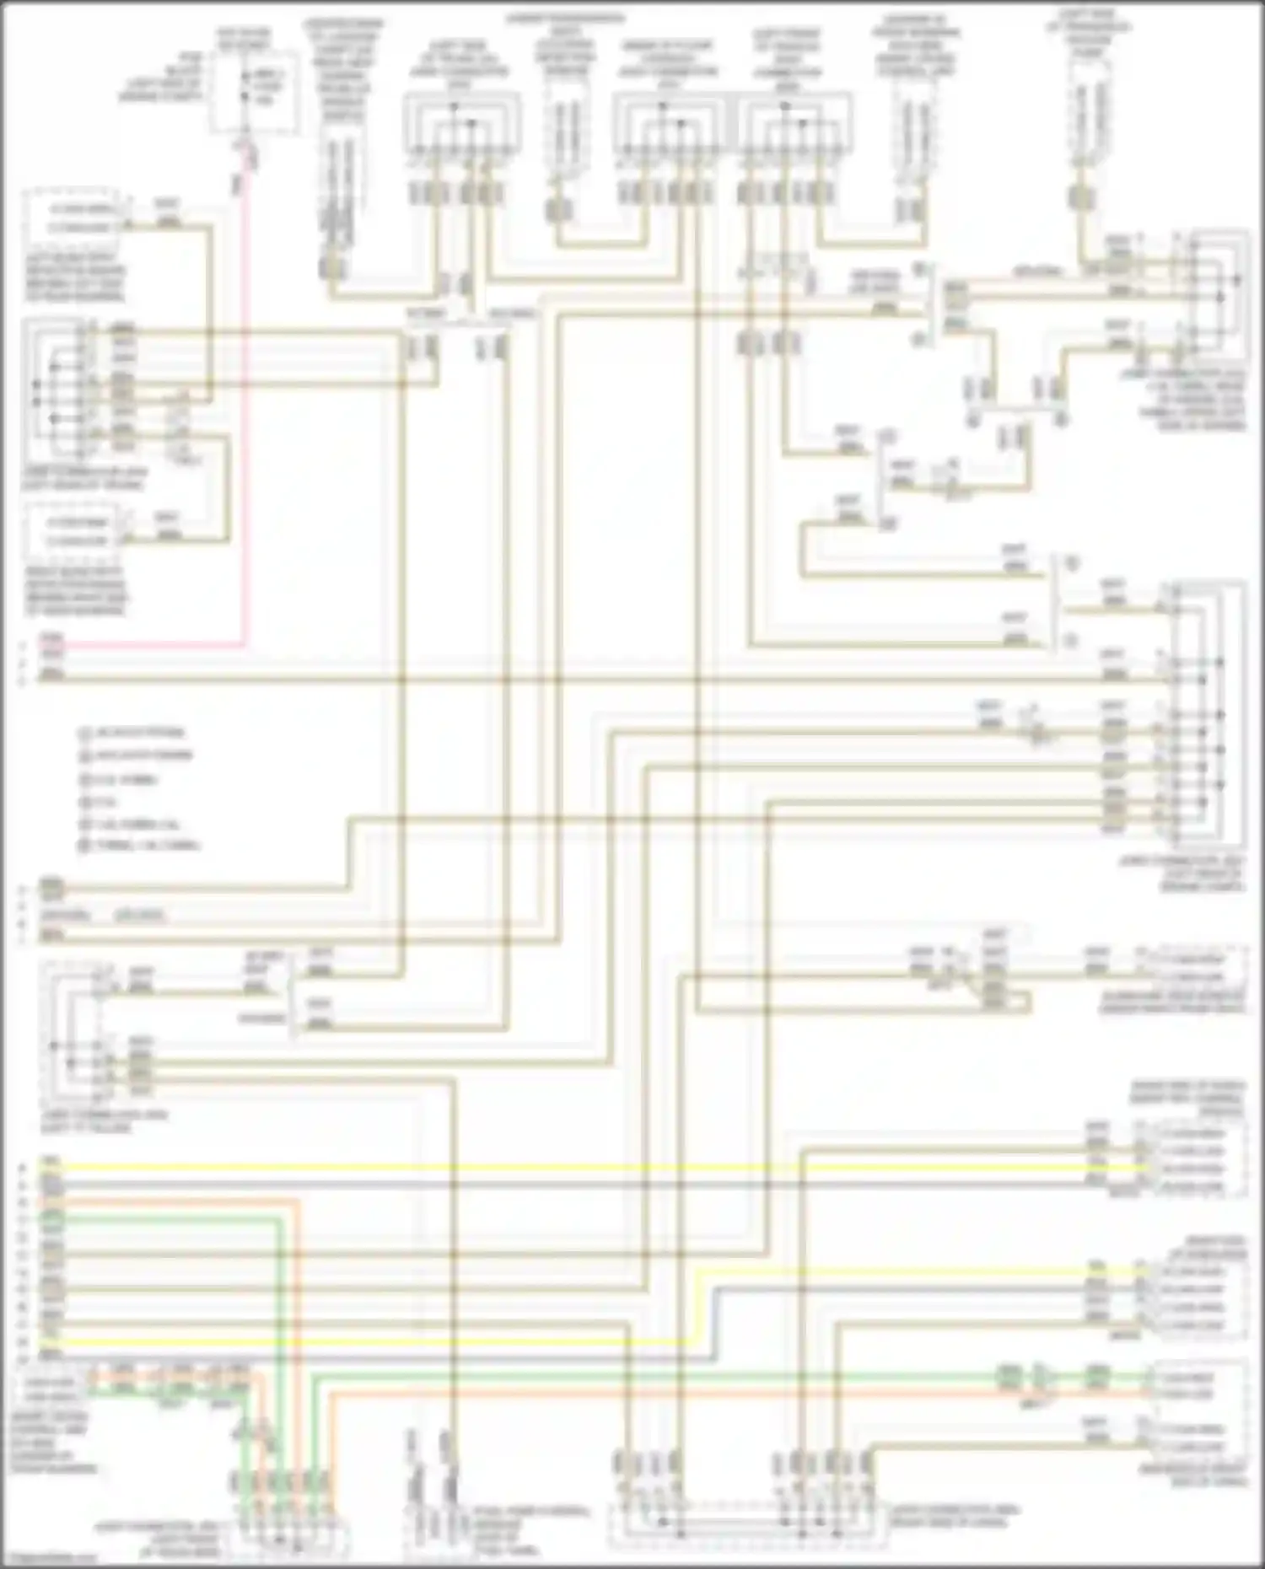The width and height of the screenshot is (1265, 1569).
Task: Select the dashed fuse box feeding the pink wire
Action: (254, 91)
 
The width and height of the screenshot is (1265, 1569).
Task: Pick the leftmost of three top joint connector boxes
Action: (455, 126)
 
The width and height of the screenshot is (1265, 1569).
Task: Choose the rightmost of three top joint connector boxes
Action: (794, 126)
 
